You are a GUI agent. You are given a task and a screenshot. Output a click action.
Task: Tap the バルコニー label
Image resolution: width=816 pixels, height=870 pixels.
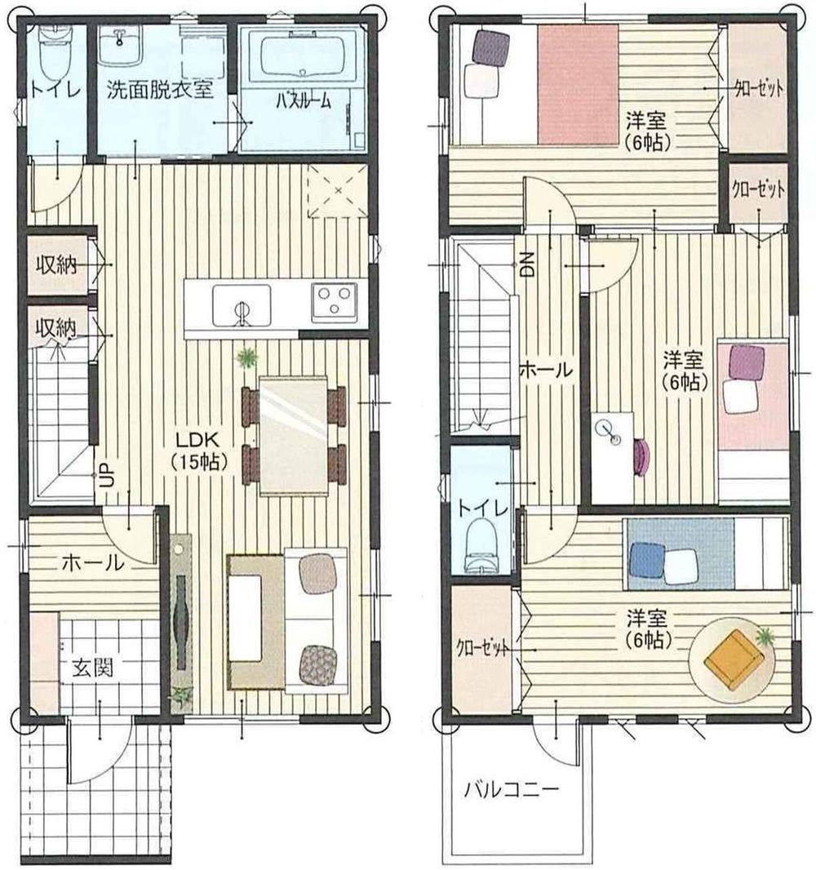(512, 789)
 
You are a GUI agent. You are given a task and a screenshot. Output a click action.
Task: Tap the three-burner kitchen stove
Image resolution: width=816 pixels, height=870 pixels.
(334, 301)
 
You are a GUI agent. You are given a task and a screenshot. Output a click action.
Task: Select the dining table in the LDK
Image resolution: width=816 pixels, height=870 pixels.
(293, 435)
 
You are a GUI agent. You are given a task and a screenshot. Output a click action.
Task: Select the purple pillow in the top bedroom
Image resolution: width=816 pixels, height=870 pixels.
(490, 47)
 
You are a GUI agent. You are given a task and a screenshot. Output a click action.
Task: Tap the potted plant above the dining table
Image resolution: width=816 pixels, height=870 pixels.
(246, 358)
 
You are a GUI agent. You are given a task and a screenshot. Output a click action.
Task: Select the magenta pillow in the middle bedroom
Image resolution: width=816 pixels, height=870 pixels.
(747, 362)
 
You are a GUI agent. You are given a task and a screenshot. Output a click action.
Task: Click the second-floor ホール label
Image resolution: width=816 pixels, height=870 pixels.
(546, 370)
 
